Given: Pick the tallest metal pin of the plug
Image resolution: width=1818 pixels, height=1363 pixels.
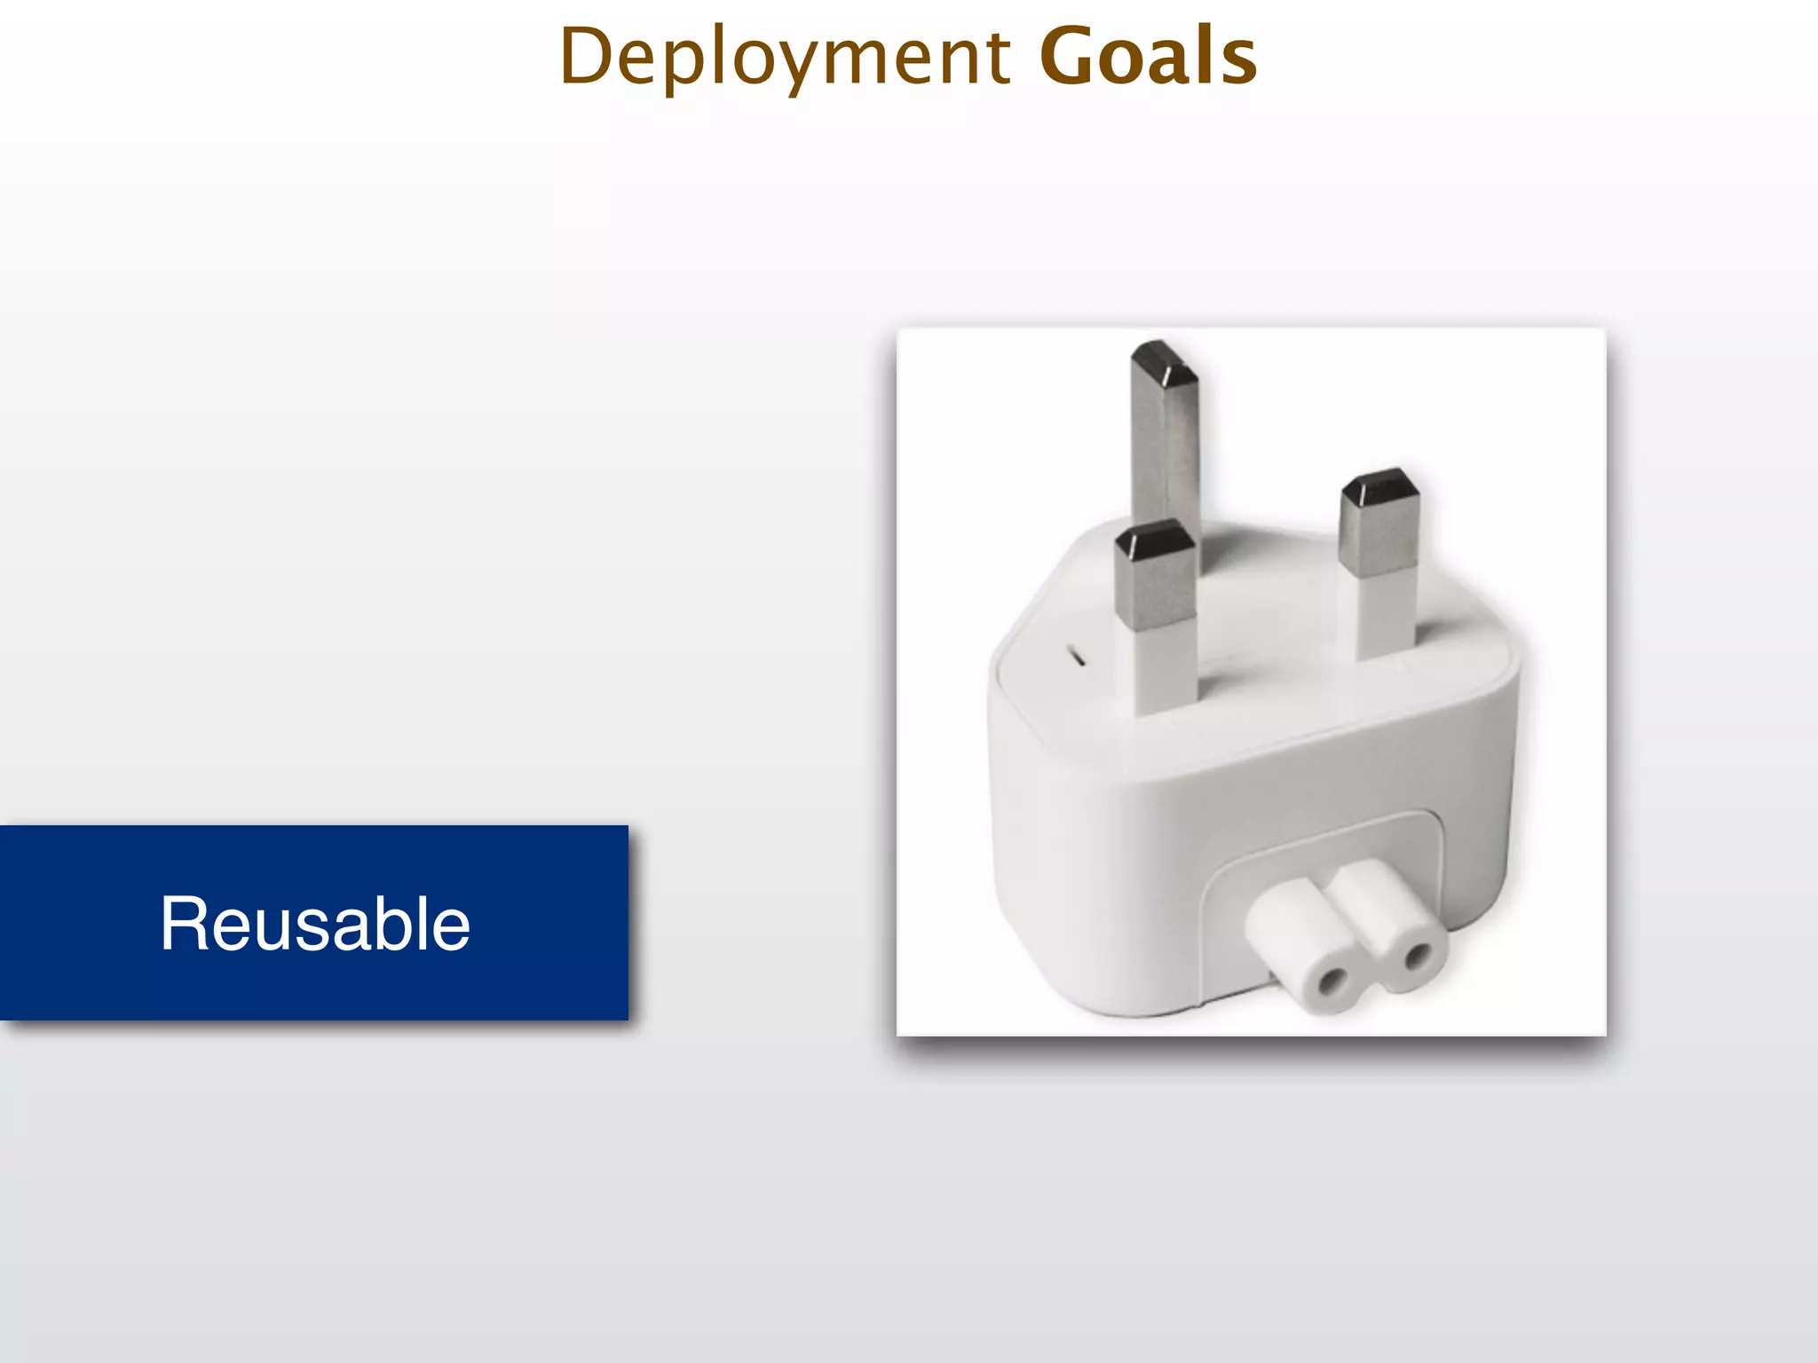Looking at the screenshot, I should pos(1165,444).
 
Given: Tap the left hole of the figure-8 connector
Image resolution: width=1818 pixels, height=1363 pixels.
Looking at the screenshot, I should pos(1331,981).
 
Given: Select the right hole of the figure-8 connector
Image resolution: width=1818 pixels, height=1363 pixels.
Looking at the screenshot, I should pos(1418,957).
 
